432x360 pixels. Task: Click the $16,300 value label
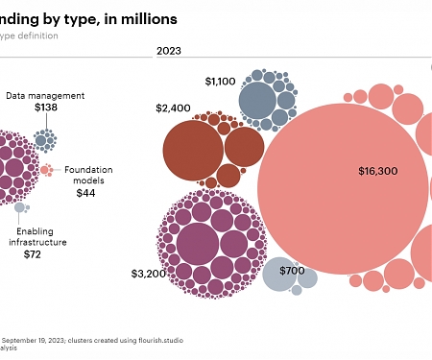click(x=377, y=171)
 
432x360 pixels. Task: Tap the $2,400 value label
click(x=173, y=108)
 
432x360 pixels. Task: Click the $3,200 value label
click(x=149, y=274)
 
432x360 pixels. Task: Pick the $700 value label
click(x=291, y=271)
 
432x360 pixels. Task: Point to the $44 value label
click(x=86, y=193)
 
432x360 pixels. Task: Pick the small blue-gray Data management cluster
click(x=43, y=140)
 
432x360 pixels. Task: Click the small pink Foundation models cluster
click(x=46, y=170)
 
